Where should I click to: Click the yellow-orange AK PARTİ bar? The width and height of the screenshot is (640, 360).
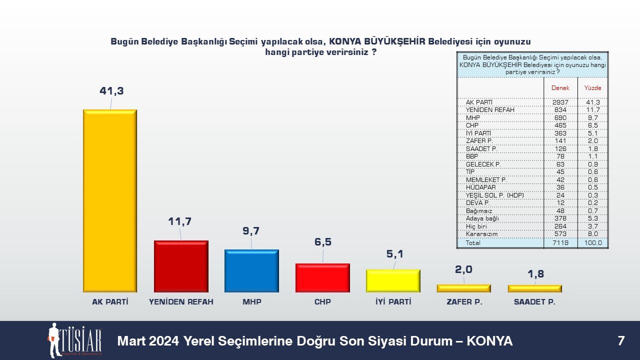(110, 201)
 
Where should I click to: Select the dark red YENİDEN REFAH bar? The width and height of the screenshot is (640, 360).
(181, 266)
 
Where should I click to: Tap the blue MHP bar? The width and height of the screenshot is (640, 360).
(251, 271)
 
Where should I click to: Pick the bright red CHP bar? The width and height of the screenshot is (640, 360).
(322, 277)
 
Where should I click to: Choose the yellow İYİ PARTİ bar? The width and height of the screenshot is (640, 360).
(393, 281)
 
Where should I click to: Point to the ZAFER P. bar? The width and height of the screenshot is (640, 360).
(463, 288)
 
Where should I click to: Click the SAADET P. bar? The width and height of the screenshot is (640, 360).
(535, 288)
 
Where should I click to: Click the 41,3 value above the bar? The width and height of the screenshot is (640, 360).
(111, 91)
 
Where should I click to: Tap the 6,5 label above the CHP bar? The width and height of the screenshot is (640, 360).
(323, 242)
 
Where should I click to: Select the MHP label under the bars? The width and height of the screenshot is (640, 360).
(251, 301)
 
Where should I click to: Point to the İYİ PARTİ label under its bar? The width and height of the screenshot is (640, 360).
(393, 301)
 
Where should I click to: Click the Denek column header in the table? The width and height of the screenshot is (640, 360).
(560, 87)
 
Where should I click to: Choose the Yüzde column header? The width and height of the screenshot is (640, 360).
(592, 87)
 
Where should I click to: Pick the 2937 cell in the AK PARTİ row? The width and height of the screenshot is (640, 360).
(560, 102)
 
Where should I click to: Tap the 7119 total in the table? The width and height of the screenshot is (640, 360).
(560, 243)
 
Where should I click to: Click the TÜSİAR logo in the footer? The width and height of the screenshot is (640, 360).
(75, 340)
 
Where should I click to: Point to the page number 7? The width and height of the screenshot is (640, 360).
(621, 341)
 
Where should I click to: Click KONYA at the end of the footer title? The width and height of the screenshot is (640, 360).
(489, 341)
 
